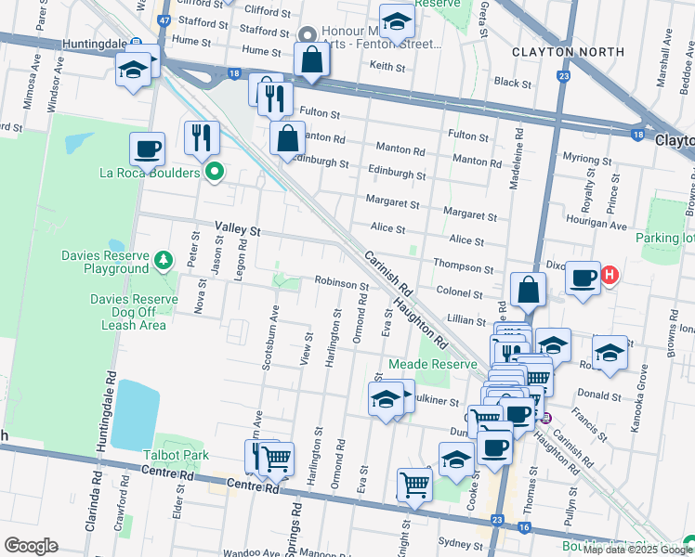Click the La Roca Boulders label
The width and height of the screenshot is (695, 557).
[x=150, y=173]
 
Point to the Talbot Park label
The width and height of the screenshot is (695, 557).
[x=176, y=455]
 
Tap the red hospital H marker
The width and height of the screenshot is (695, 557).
[x=610, y=275]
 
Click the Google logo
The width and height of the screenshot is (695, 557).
[x=31, y=546]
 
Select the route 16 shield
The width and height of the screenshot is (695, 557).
[x=525, y=527]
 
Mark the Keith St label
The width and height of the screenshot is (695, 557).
[x=388, y=66]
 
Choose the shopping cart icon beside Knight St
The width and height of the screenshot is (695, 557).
[x=414, y=485]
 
